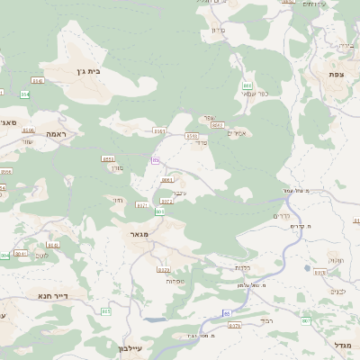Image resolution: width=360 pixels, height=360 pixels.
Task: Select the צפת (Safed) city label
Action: tap(336, 74)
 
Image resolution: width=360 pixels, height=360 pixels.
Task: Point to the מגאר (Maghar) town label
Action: tap(139, 233)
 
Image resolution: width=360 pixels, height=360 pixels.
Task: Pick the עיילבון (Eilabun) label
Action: tap(130, 347)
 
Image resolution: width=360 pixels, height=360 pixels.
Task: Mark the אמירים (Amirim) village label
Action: tap(238, 133)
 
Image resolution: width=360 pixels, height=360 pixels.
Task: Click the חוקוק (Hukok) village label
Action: tap(335, 260)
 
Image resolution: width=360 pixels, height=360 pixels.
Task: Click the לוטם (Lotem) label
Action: tap(41, 256)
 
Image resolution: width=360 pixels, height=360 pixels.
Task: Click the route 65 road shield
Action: tap(226, 312)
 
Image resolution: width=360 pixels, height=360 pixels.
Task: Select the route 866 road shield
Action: tap(247, 111)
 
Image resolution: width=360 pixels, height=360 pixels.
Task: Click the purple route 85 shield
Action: tap(156, 160)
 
